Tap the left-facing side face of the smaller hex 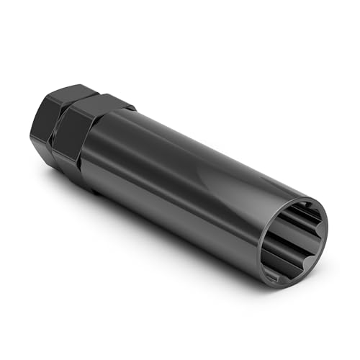point(39,137)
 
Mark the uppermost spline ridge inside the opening point(302,210)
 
